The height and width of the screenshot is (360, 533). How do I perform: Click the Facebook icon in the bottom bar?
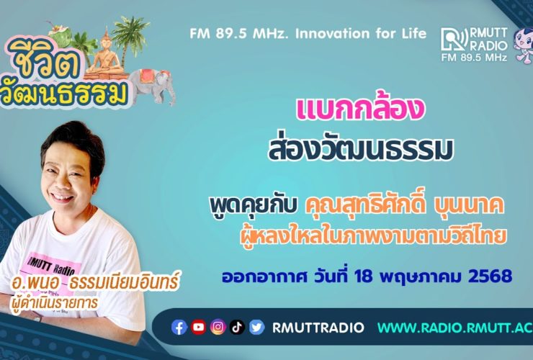pos(179,328)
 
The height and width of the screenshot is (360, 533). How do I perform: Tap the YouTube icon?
pos(199,328)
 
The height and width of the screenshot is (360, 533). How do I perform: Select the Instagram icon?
pos(218,328)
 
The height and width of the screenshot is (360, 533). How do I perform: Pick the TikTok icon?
pos(237,328)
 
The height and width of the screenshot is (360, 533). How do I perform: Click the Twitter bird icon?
pos(256,328)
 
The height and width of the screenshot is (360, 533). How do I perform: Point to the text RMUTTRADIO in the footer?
pos(318,328)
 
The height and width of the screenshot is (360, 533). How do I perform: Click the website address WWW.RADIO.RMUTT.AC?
pos(455,328)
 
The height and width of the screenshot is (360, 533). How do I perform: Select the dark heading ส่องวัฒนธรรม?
pos(361,148)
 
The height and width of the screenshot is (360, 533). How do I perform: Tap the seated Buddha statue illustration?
pos(106,55)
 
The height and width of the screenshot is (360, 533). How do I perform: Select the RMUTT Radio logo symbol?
pos(454,40)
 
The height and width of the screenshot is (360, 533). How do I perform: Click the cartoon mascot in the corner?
pos(524,45)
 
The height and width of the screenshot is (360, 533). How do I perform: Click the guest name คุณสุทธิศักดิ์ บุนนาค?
pos(405,206)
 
